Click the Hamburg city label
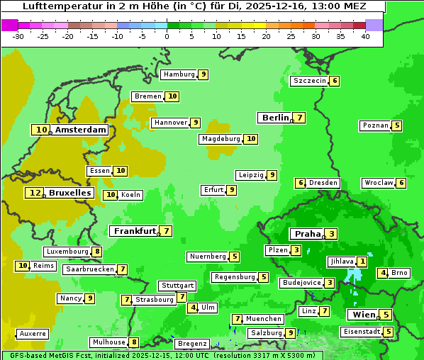[x=179, y=74]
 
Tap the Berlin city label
[x=275, y=118]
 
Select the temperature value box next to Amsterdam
[x=42, y=130]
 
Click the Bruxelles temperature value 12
[x=35, y=193]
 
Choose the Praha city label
[x=308, y=234]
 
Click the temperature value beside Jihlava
[x=362, y=261]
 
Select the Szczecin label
[x=310, y=81]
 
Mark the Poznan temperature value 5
[x=397, y=126]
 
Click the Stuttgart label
[x=177, y=286]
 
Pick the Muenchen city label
[x=264, y=319]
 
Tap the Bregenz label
[x=191, y=344]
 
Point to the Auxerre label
[x=33, y=333]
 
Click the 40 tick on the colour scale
[x=365, y=35]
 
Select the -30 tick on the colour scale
[x=18, y=35]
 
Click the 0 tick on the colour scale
[x=167, y=35]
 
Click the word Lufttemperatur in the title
[x=57, y=6]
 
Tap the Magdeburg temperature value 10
[x=250, y=139]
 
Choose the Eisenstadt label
[x=361, y=332]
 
